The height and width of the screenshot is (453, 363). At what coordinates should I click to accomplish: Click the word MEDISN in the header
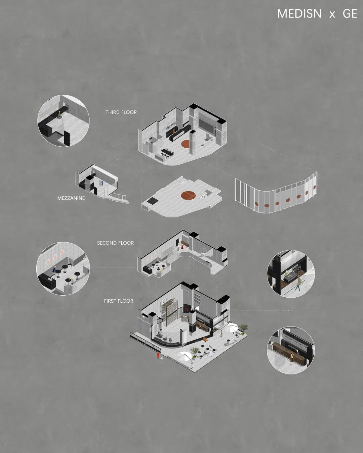[299, 14]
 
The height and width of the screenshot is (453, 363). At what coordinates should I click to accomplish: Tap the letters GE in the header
[350, 14]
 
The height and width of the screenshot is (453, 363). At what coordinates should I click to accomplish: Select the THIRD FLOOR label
[121, 112]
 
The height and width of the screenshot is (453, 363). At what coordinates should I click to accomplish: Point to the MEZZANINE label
[71, 198]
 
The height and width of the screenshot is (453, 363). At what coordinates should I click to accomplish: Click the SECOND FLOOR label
[115, 243]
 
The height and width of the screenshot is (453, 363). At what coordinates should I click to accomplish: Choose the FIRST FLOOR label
[119, 301]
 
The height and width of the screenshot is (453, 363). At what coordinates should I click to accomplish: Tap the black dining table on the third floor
[168, 152]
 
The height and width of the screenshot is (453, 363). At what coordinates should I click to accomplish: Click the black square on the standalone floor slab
[152, 201]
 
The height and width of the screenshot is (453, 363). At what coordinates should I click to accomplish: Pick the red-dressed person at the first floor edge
[158, 356]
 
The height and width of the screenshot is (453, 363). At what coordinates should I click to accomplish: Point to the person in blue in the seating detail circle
[54, 271]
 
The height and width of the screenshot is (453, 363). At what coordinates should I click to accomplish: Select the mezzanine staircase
[118, 198]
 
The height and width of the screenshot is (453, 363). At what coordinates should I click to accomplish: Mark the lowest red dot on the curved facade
[256, 204]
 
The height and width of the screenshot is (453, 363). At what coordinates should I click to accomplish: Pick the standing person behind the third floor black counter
[173, 132]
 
